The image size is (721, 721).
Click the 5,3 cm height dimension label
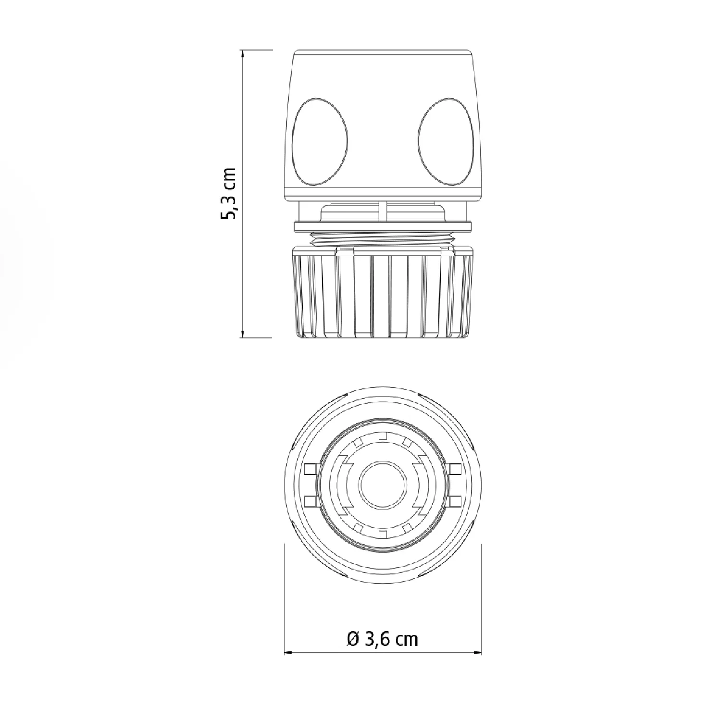pyautogui.click(x=227, y=194)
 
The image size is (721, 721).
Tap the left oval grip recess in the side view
pyautogui.click(x=320, y=141)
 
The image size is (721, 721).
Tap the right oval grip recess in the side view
pyautogui.click(x=447, y=141)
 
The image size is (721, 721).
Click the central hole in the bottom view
pyautogui.click(x=383, y=484)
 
